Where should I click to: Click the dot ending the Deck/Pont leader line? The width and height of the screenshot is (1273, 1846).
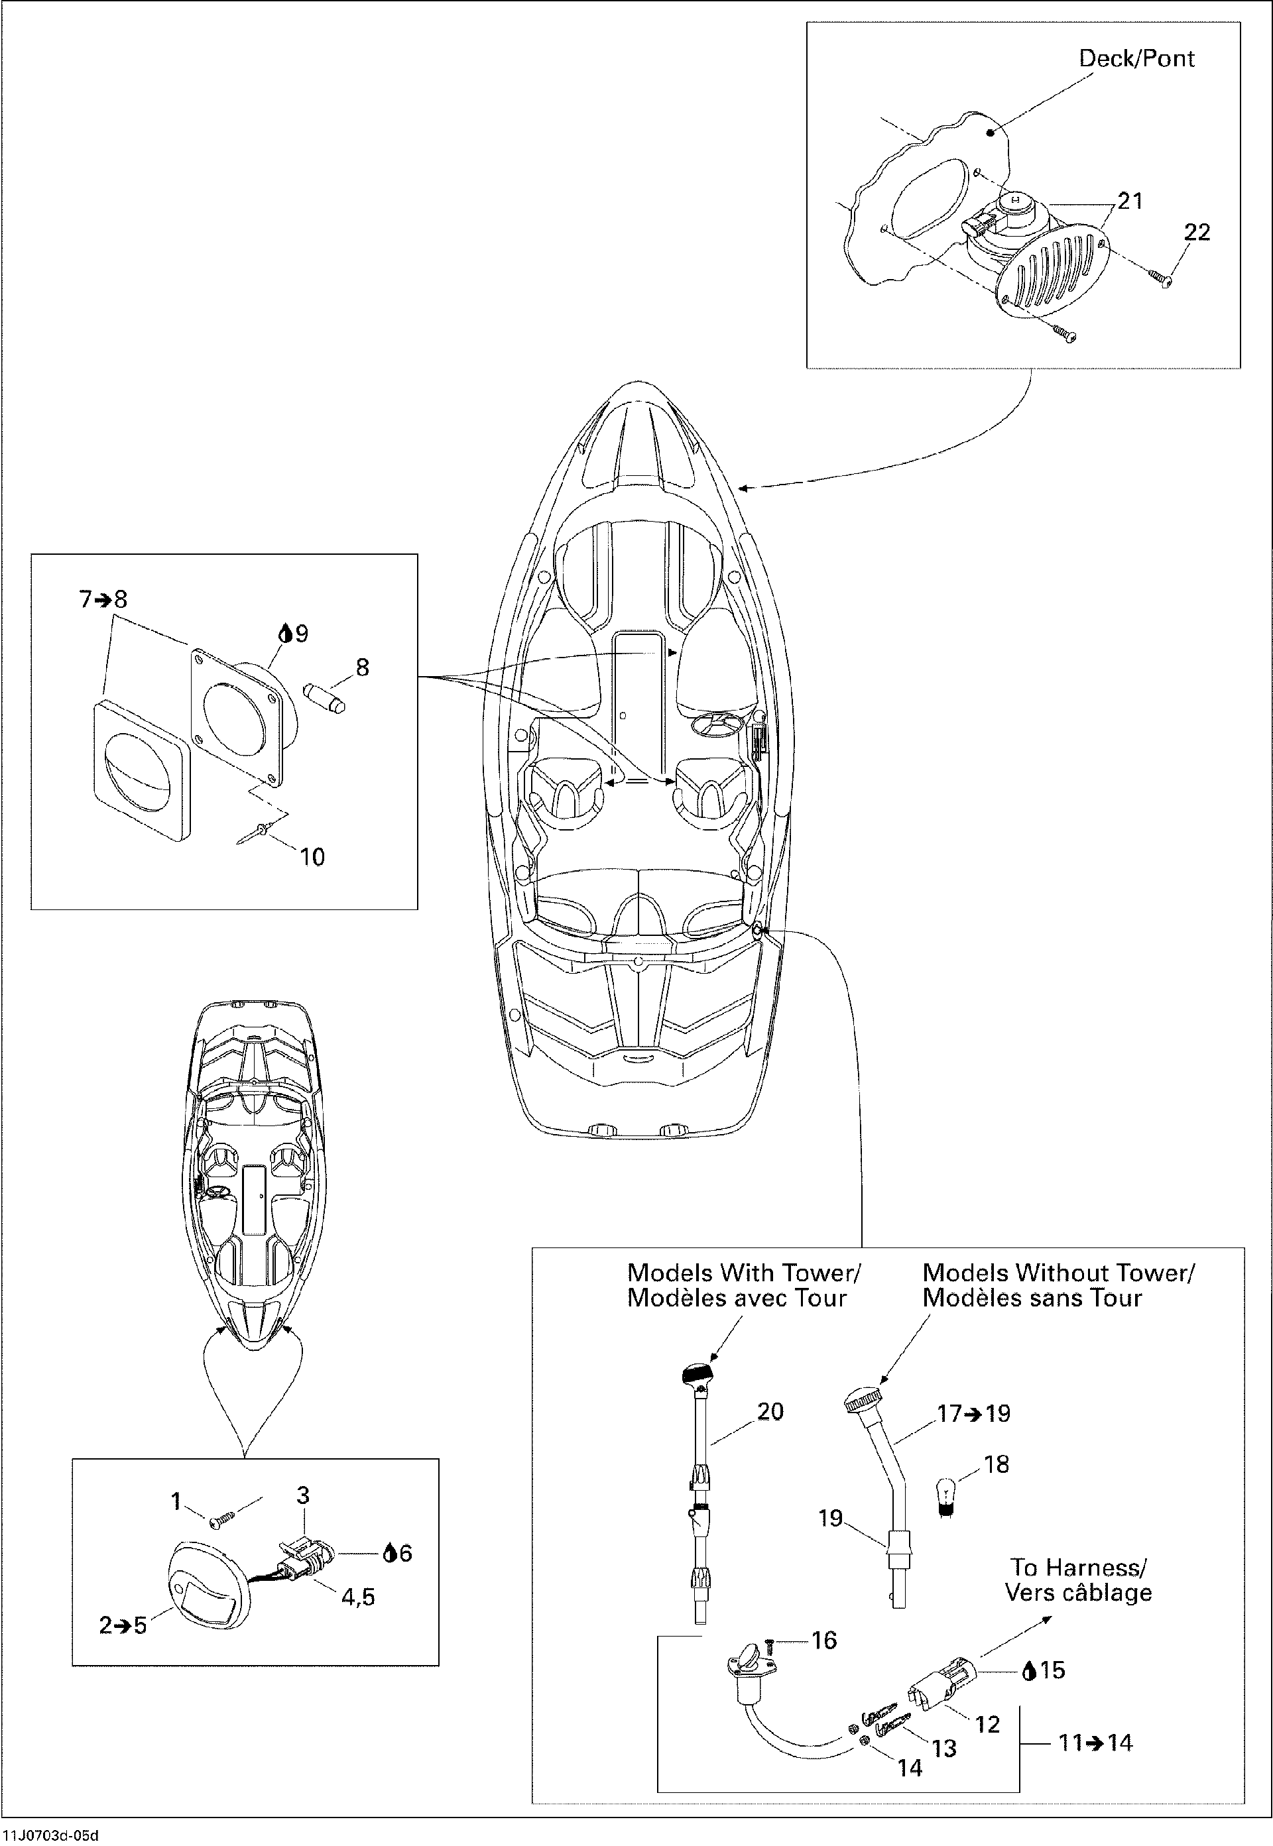991,133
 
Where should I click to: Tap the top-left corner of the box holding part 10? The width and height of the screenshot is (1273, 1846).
31,554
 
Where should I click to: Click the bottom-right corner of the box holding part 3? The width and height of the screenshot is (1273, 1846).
439,1665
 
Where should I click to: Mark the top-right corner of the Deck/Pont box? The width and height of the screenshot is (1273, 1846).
1241,23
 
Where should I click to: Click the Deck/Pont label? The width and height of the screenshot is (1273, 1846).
1136,58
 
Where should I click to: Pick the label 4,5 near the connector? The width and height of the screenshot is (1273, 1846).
358,1596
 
